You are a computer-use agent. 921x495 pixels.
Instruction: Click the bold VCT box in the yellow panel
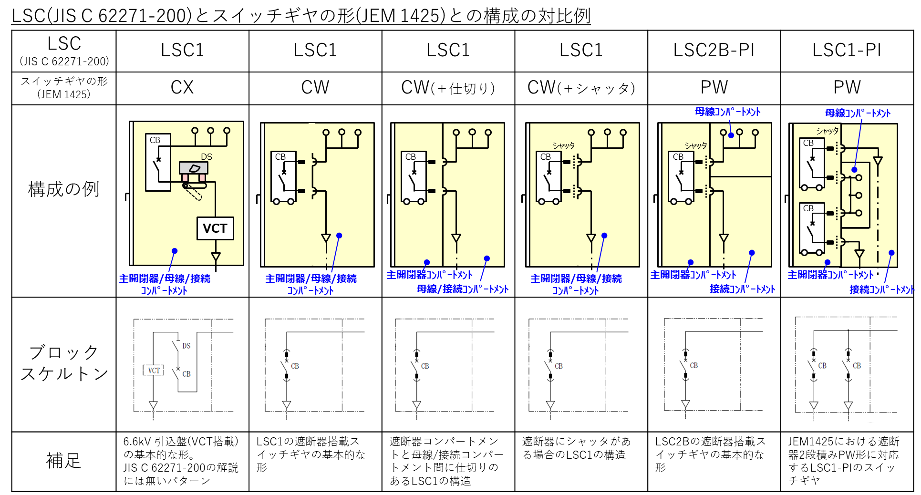tap(215, 228)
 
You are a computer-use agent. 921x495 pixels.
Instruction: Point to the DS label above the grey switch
tap(207, 157)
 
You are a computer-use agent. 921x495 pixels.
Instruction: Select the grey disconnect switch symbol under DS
tap(194, 168)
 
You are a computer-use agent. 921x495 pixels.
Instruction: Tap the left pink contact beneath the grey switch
tap(185, 178)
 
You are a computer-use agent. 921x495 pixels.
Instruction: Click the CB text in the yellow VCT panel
tap(155, 140)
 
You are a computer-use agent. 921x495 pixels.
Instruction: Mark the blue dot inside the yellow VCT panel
tap(175, 251)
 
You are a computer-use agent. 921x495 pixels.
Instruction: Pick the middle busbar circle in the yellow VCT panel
tap(210, 130)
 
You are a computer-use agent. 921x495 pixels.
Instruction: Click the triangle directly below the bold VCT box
tap(216, 257)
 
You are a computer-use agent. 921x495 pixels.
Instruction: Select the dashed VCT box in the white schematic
tap(154, 370)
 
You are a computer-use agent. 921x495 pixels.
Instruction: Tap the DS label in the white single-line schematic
tap(186, 346)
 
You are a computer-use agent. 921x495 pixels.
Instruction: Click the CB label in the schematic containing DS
tap(186, 374)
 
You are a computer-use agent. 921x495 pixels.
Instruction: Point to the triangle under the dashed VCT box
tap(153, 405)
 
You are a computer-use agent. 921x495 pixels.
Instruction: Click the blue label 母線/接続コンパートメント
tap(463, 289)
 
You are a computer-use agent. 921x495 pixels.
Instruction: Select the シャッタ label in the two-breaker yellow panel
tap(827, 131)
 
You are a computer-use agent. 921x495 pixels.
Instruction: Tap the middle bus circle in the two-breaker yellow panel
tap(859, 195)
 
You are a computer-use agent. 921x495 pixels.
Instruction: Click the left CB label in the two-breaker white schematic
tap(822, 366)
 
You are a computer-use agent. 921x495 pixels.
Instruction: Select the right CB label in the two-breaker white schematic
tap(857, 366)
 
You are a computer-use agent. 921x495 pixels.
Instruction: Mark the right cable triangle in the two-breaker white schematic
tap(848, 405)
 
